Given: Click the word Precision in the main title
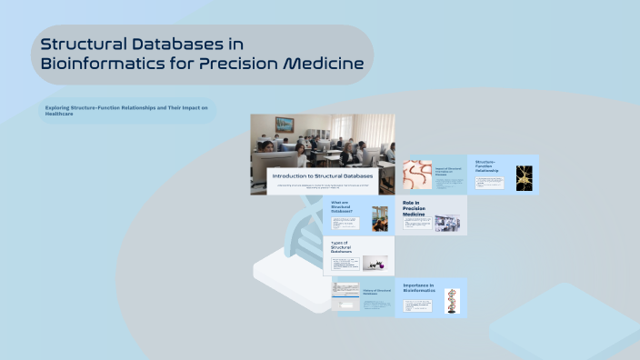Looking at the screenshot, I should tap(245, 64).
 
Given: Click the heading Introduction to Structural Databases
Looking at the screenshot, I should tap(323, 175).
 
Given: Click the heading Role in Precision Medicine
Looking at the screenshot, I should tap(415, 209).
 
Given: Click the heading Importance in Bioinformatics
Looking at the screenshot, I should tap(418, 287).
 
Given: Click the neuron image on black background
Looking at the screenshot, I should tap(523, 177).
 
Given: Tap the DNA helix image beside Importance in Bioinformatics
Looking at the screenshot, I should tap(452, 301).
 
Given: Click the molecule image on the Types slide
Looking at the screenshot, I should tap(375, 263).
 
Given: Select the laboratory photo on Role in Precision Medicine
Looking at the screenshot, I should tap(447, 223).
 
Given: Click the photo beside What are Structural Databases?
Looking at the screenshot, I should tap(379, 218).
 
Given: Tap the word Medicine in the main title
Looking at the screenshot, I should tap(324, 64).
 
